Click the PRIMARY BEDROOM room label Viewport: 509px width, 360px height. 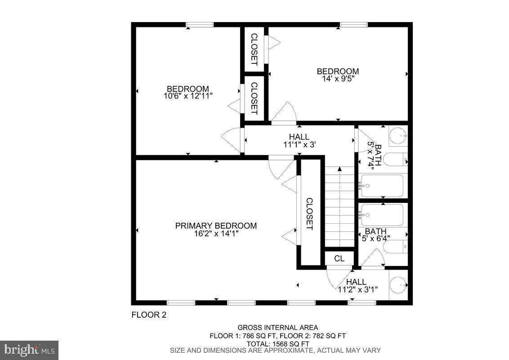coord(216,225)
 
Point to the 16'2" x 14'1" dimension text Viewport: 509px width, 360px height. coord(216,234)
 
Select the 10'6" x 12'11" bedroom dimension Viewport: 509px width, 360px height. coord(188,96)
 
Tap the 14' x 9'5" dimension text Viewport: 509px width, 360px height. coord(338,78)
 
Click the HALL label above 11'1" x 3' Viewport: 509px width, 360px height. coord(299,137)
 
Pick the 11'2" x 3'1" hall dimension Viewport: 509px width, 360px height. coord(357,289)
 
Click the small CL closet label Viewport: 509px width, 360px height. coord(339,258)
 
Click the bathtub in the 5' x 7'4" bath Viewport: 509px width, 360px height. coord(383,186)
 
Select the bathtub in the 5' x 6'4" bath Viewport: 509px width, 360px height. coord(383,215)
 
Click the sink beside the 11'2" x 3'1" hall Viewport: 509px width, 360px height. coord(397,285)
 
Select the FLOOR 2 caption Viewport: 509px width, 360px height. coord(149,315)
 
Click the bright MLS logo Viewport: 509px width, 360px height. coord(29,350)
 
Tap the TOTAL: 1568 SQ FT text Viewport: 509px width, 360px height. coord(277,343)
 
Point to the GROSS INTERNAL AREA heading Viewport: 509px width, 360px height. coord(277,328)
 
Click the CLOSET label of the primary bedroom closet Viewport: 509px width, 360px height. coord(309,214)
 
